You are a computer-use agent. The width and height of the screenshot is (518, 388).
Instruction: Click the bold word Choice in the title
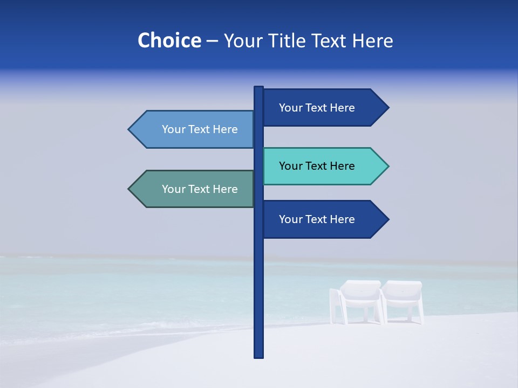pyautogui.click(x=169, y=40)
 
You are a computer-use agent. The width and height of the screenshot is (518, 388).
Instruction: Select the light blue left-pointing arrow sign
pyautogui.click(x=194, y=129)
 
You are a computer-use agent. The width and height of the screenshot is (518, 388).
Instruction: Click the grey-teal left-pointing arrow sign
pyautogui.click(x=194, y=189)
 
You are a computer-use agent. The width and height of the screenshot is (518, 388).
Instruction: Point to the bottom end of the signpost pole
pyautogui.click(x=258, y=355)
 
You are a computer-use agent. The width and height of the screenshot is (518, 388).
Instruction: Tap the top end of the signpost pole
pyautogui.click(x=258, y=88)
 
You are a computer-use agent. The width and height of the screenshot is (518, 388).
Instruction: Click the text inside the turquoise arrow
pyautogui.click(x=317, y=166)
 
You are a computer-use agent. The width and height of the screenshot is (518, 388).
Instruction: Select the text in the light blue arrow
pyautogui.click(x=200, y=129)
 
